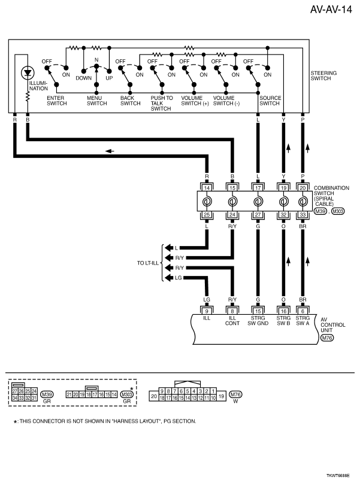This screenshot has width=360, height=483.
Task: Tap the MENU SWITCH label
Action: tap(96, 101)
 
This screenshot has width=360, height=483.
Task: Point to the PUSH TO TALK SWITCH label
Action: tap(162, 103)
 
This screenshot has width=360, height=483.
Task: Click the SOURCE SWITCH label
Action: tap(270, 101)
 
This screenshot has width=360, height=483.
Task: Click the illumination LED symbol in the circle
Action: tap(27, 73)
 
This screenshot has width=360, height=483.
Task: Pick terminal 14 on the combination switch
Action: tap(206, 187)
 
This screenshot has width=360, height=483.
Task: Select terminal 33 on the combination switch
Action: tap(303, 214)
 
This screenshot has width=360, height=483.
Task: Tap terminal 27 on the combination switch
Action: tap(257, 214)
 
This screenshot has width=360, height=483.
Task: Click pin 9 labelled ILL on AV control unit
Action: tap(206, 311)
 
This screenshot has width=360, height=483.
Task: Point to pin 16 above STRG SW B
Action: tap(282, 311)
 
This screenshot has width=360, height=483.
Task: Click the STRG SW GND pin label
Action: tap(257, 323)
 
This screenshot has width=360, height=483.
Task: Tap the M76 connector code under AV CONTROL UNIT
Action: tap(326, 338)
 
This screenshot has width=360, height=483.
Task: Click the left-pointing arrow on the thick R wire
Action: tap(109, 151)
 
